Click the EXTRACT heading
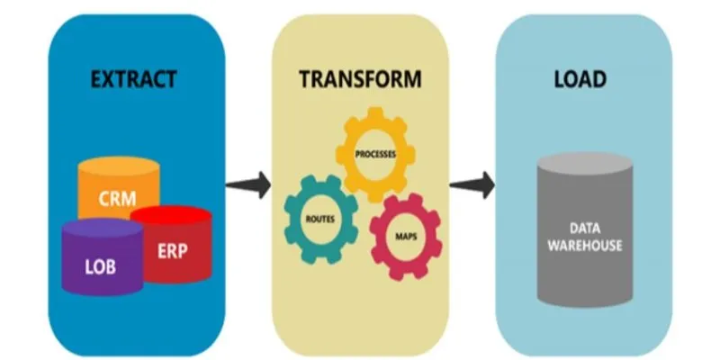133,79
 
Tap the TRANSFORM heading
360,79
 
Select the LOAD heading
580,79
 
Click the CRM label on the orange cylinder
118,199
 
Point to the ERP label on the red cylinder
173,251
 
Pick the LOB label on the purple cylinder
101,266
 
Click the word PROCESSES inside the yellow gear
375,154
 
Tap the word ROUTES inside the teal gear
320,219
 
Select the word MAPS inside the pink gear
406,237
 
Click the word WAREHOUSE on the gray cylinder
584,246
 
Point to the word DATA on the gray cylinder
585,229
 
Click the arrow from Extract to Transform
248,185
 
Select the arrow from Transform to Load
472,185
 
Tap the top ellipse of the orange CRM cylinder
119,166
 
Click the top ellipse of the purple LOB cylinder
103,229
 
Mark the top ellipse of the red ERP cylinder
171,215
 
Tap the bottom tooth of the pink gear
405,274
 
